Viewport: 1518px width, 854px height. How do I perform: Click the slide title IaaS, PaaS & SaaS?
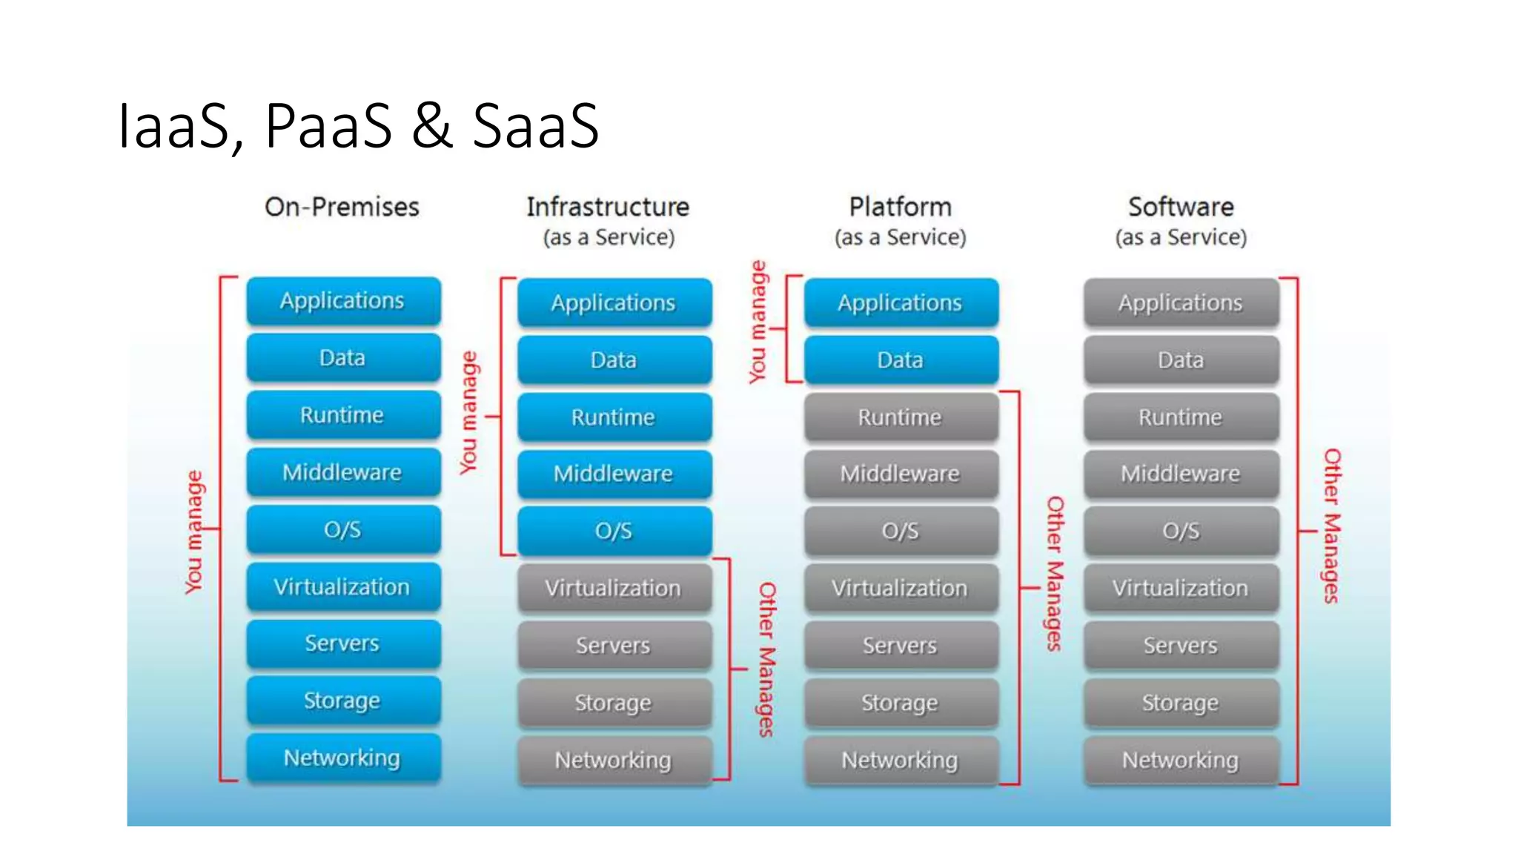coord(358,126)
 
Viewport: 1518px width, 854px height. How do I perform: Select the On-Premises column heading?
coord(342,207)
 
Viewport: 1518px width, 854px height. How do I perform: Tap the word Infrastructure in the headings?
coord(608,207)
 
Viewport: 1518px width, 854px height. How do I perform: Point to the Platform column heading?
coord(900,207)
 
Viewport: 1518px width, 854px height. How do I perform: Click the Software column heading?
coord(1181,207)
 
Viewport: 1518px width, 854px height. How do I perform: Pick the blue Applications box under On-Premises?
coord(343,301)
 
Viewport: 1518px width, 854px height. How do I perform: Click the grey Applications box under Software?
coord(1181,302)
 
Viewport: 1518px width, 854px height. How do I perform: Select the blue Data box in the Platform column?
coord(901,360)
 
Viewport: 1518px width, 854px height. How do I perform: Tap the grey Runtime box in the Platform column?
coord(901,417)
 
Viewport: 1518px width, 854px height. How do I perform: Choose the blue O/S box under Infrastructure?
coord(614,531)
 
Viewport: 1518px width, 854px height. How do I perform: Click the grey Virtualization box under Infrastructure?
coord(614,589)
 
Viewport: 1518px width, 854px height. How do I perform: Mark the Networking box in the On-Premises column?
coord(343,758)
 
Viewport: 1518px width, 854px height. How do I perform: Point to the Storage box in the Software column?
coord(1181,703)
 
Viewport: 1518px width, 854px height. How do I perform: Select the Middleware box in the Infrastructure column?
coord(614,474)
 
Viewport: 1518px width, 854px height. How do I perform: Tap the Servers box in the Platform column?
coord(901,646)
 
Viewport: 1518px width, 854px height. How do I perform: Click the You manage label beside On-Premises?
coord(193,532)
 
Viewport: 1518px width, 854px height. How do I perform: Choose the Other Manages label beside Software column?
coord(1332,526)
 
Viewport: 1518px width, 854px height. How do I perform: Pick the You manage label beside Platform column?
coord(758,322)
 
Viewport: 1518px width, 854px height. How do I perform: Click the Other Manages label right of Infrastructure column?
coord(767,659)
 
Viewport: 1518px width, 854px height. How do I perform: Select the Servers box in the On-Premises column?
coord(343,643)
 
